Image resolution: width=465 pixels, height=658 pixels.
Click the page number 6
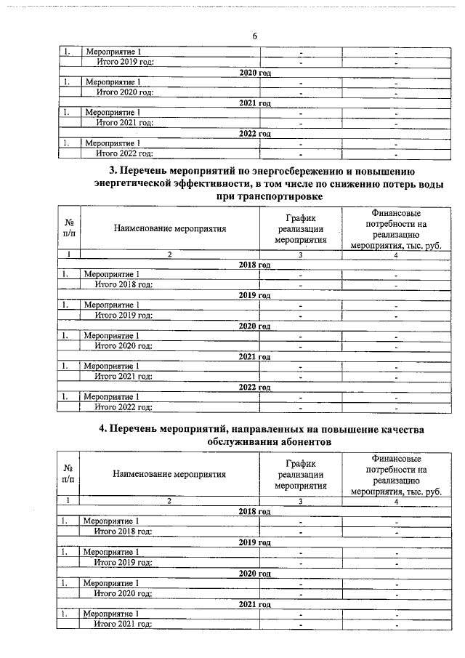[255, 36]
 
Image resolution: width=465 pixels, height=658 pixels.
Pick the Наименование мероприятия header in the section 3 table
[170, 228]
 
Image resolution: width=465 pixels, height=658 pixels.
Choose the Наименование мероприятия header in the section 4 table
[169, 474]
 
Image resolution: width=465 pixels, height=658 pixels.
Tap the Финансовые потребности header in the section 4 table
[396, 474]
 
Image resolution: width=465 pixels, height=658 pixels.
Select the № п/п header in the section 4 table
[68, 474]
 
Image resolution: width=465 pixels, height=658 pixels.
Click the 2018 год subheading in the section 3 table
[254, 265]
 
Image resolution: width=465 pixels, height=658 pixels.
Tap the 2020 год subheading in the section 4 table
[254, 573]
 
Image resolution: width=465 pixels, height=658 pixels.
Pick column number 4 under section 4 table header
[396, 501]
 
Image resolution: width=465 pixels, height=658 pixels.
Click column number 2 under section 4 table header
[169, 501]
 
